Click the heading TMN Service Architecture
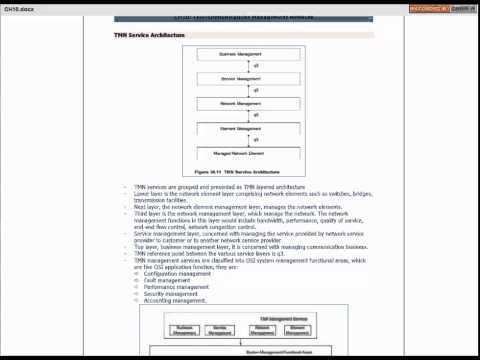click(149, 36)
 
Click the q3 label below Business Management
click(257, 66)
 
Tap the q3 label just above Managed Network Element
click(257, 141)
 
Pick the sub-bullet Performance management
click(178, 286)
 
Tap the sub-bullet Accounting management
click(177, 300)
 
